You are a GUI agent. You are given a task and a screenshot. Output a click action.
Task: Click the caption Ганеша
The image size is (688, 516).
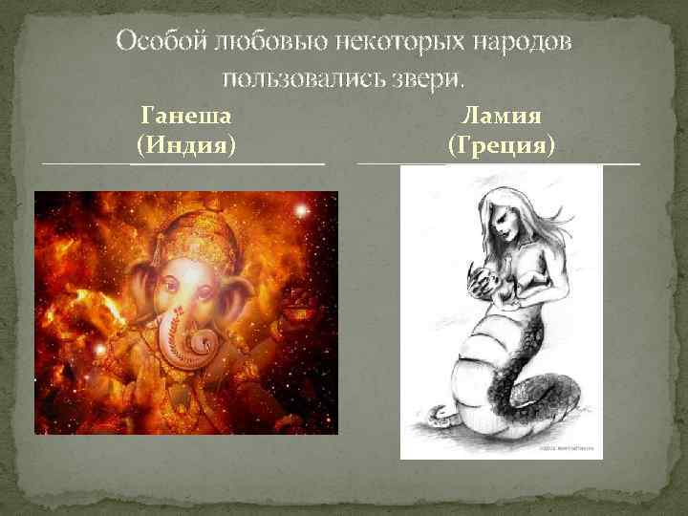coord(187,118)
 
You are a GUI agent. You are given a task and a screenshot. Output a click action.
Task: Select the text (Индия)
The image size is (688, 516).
coord(187,146)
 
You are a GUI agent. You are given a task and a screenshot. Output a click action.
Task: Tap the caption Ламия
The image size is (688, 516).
coord(502,118)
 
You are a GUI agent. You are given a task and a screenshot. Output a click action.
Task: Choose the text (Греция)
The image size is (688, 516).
coord(502,146)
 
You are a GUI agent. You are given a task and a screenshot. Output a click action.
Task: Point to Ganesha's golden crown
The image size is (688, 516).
coord(191,229)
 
